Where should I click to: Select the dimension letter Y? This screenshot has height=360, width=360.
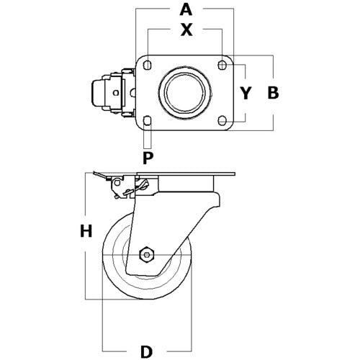[246, 93]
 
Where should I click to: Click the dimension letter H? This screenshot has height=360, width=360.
[86, 231]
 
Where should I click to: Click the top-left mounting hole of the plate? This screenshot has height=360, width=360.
[148, 66]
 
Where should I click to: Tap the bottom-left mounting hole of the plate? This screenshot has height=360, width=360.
[148, 120]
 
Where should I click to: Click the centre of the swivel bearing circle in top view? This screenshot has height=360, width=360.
[185, 92]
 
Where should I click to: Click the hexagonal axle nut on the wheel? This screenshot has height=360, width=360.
[148, 255]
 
